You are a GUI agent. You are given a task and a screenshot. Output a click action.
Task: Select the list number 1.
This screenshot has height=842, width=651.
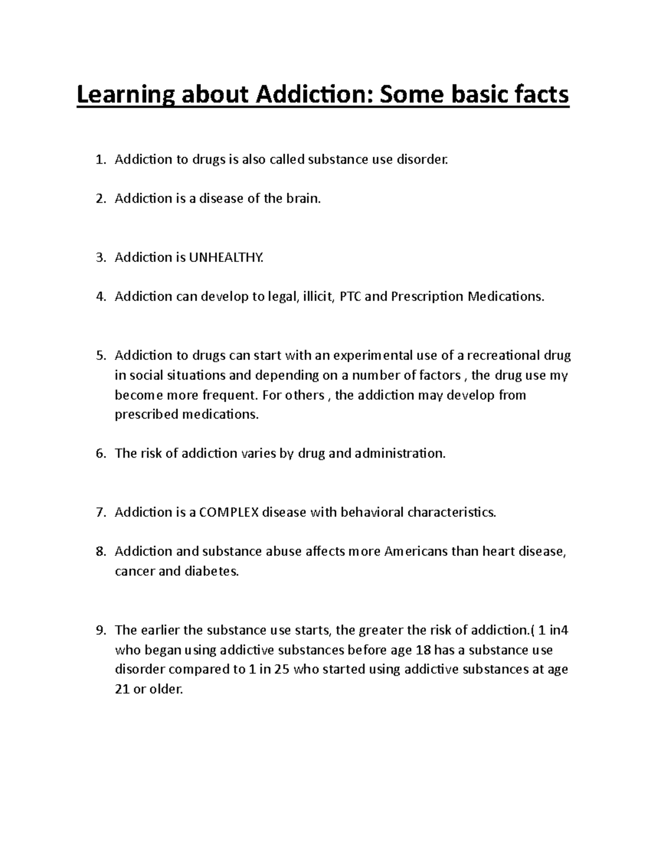[x=100, y=159]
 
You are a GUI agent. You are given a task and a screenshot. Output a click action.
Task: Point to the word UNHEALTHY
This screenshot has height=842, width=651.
[x=226, y=258]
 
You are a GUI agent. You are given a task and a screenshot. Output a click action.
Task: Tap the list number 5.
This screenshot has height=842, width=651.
[x=100, y=356]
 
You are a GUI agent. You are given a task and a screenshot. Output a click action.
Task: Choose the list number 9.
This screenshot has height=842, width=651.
[x=100, y=630]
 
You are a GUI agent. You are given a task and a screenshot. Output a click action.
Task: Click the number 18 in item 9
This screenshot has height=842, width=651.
[x=423, y=650]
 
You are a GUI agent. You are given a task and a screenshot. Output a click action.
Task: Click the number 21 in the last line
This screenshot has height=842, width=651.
[x=123, y=689]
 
